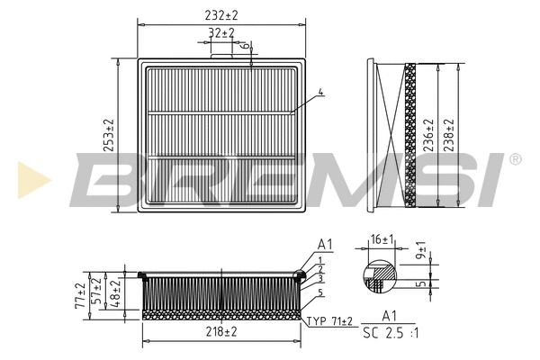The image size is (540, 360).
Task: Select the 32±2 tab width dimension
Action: point(220,33)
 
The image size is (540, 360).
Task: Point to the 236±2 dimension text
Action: point(428,135)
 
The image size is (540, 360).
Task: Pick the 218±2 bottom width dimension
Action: point(220,332)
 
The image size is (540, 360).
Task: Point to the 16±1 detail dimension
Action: point(382,239)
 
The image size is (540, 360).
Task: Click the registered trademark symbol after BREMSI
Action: point(514,159)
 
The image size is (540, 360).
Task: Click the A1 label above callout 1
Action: point(325,245)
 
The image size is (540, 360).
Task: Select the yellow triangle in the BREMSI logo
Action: point(32,180)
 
